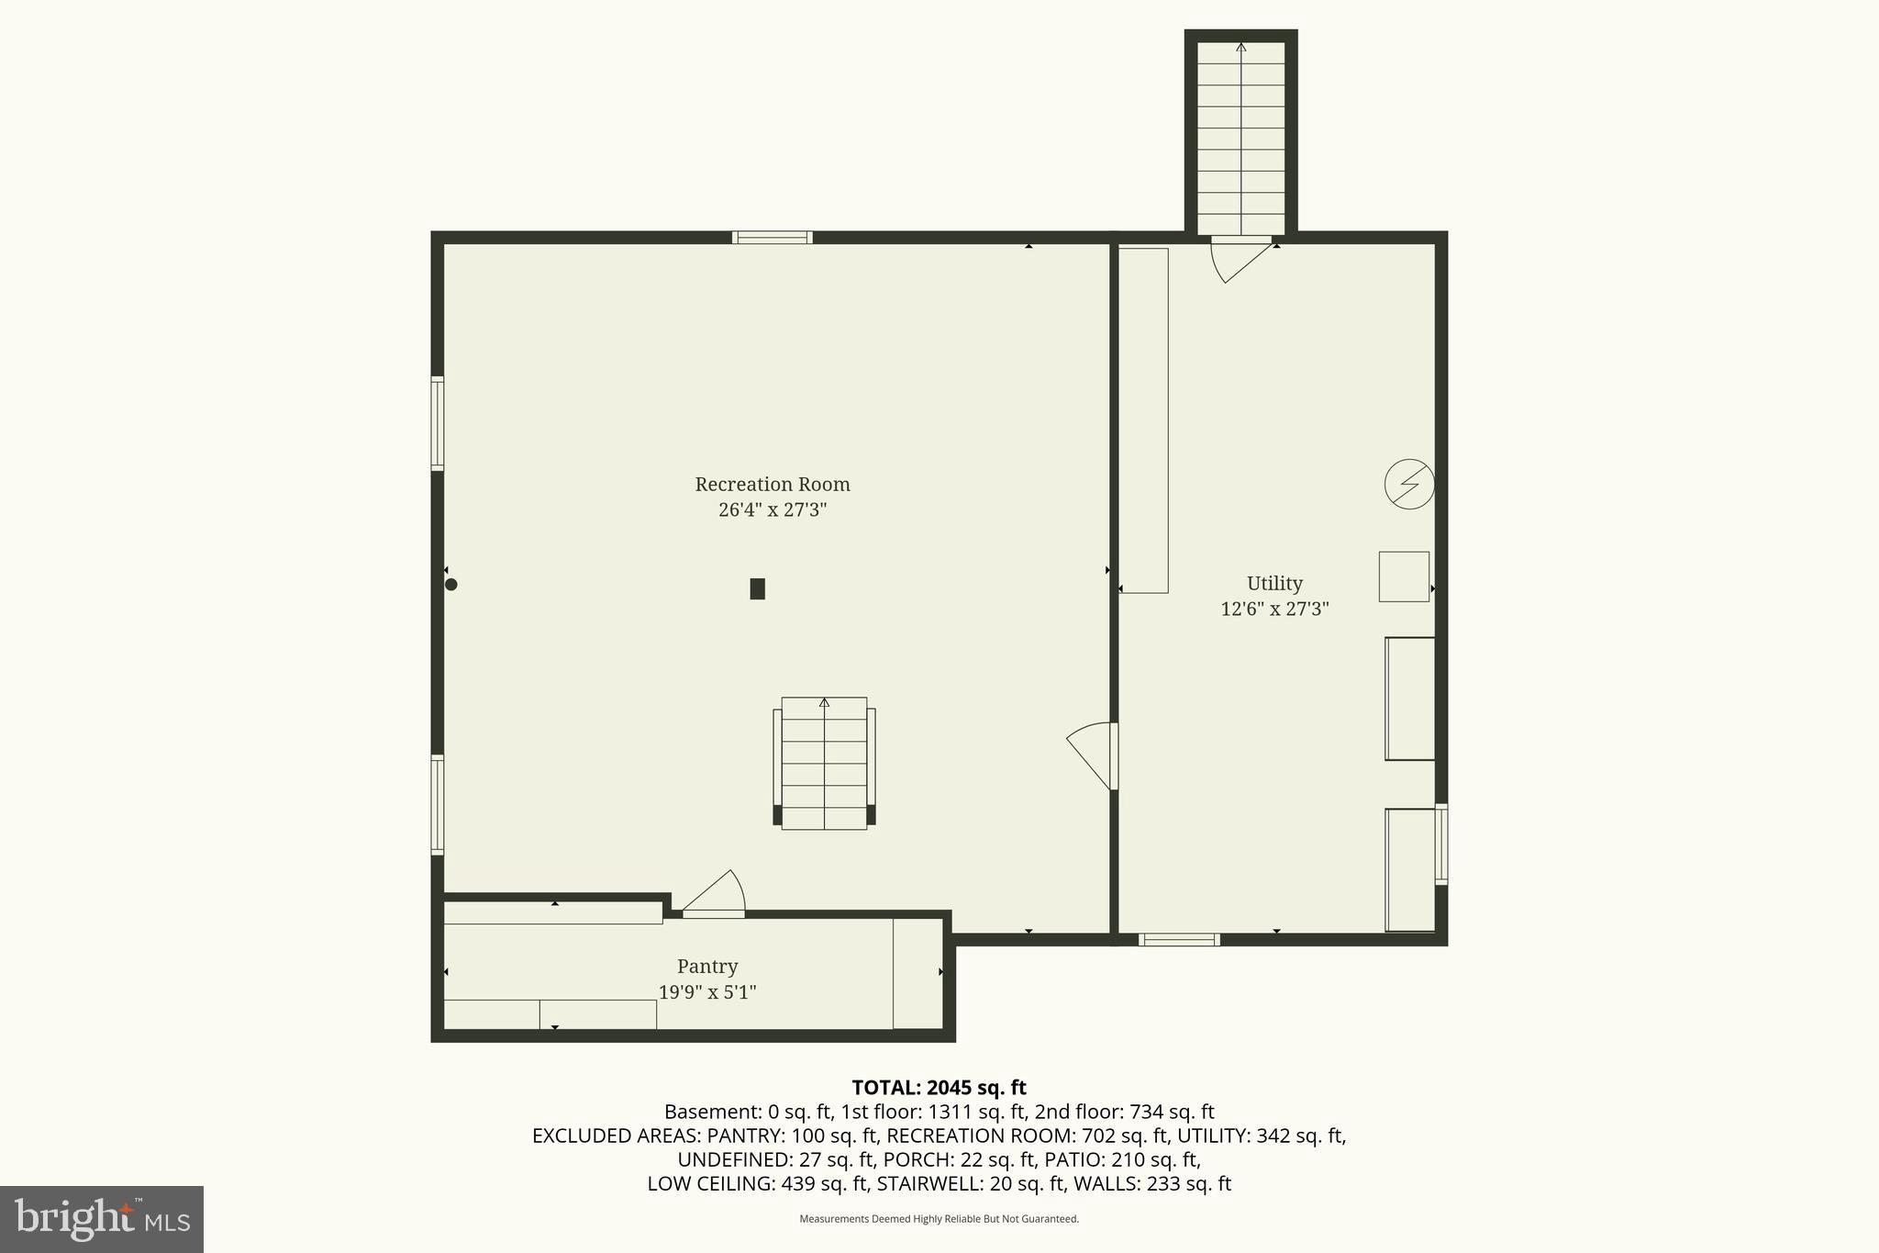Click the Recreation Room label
click(772, 484)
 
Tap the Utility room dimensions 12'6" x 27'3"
click(1274, 609)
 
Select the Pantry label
click(706, 966)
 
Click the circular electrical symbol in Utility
click(1408, 484)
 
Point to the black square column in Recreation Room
click(757, 588)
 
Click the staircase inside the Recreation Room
click(824, 763)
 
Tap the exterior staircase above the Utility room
click(1240, 138)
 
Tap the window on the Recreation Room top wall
click(772, 237)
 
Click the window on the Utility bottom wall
click(1179, 939)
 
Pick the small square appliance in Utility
click(1404, 576)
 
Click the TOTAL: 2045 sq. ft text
click(939, 1088)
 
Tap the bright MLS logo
click(102, 1219)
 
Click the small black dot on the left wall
click(450, 584)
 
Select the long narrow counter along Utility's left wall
click(1143, 420)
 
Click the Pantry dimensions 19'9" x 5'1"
click(706, 992)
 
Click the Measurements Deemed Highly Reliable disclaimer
click(939, 1219)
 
